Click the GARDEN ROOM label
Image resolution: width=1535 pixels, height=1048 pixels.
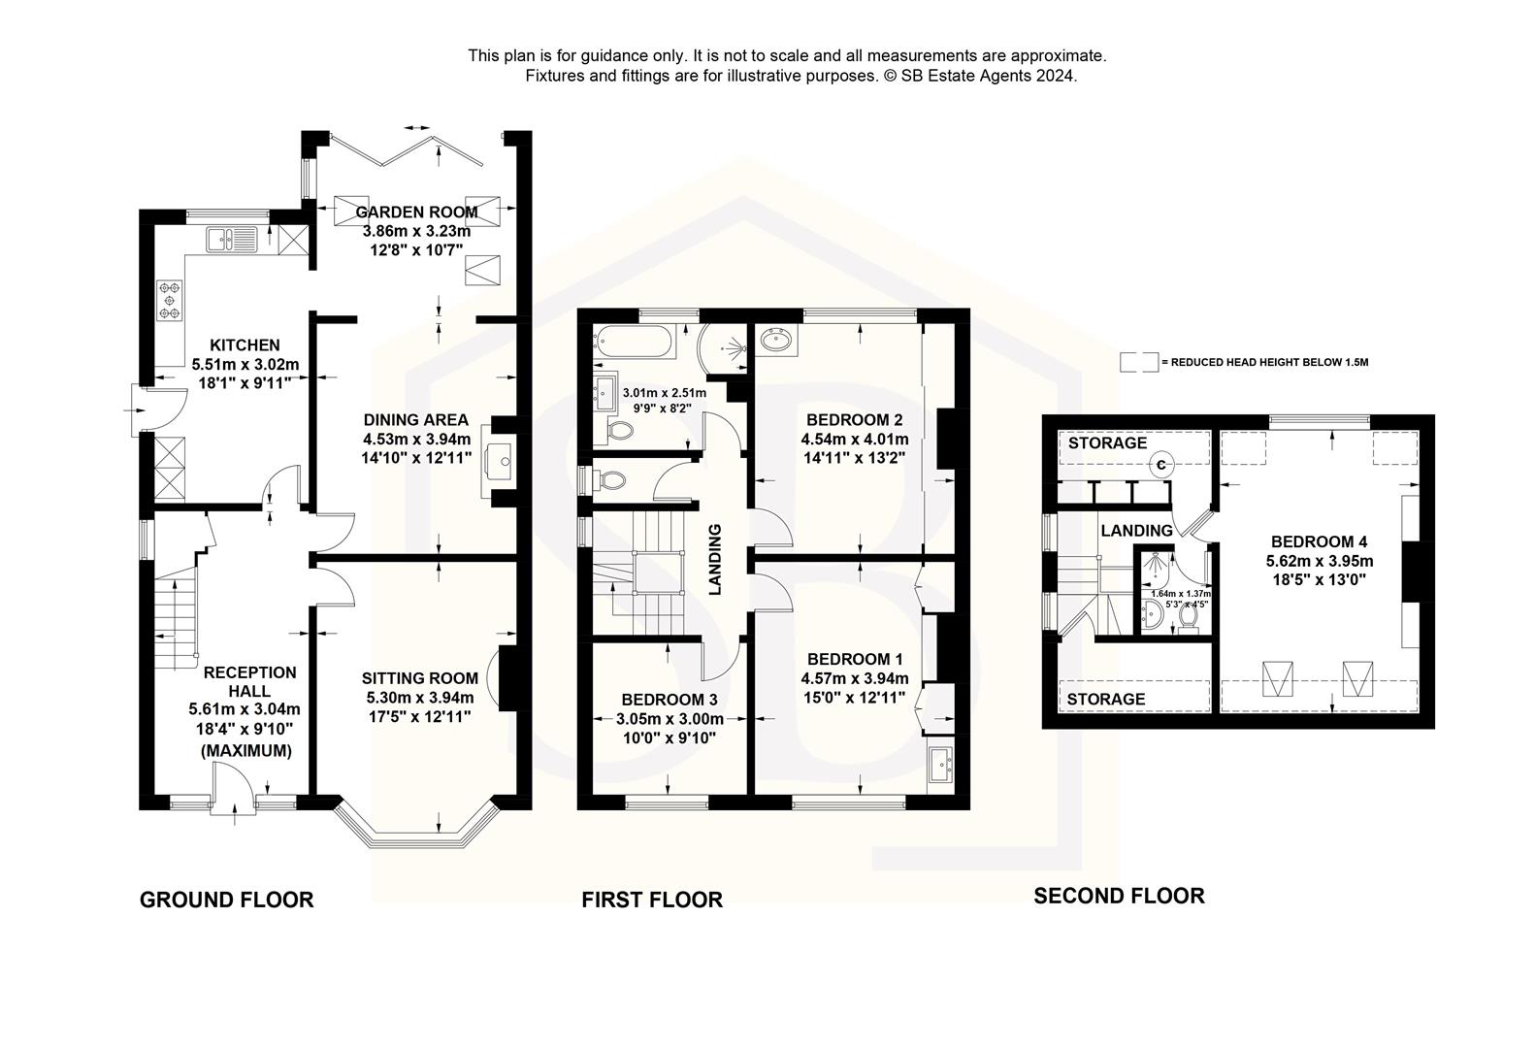(x=416, y=212)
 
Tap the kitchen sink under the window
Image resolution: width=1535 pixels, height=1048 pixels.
(x=230, y=238)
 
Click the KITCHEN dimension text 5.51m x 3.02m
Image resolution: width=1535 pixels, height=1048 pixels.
(x=245, y=364)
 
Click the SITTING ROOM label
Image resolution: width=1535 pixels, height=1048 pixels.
(x=420, y=678)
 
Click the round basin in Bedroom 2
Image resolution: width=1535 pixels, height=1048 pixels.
(x=776, y=341)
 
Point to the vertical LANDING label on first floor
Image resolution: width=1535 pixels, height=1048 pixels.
(x=715, y=559)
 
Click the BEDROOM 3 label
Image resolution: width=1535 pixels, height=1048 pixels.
(x=670, y=700)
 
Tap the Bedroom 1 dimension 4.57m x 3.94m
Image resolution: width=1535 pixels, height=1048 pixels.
(x=855, y=678)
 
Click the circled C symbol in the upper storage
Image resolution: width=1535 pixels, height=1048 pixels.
(x=1161, y=465)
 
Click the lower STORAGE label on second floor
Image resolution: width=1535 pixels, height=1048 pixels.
(x=1106, y=699)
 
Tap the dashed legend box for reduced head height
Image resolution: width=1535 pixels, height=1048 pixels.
(x=1138, y=362)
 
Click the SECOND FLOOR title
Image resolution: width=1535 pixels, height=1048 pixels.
(x=1118, y=896)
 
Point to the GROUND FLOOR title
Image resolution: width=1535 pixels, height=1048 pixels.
(x=226, y=900)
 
